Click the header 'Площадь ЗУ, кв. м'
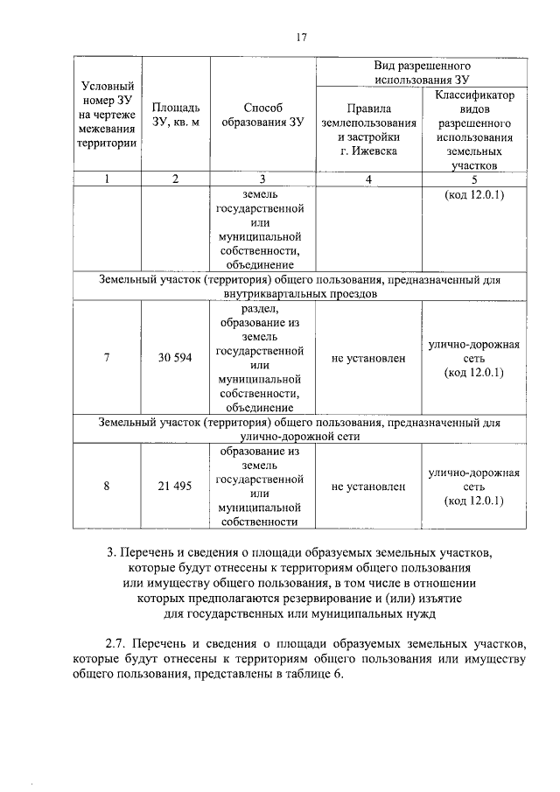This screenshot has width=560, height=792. (175, 115)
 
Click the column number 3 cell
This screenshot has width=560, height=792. (262, 179)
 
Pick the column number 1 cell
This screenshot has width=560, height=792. (107, 179)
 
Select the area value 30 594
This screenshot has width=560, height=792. (175, 359)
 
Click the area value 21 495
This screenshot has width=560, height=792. (175, 487)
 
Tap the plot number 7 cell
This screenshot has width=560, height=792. (107, 359)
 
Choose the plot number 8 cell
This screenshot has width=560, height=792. (107, 487)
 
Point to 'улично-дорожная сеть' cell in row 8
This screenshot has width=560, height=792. (473, 487)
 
